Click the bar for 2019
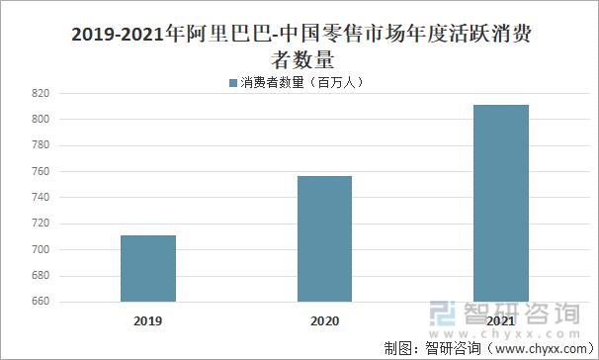148,268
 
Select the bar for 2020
324,238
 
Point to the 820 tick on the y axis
41,93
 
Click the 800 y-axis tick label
41,120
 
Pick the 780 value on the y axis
41,145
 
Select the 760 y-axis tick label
41,171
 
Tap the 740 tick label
41,198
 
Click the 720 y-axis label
41,224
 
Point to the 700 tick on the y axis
41,249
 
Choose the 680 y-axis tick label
41,276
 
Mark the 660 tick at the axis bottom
41,302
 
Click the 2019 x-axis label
148,321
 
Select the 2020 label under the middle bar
324,321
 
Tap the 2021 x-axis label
500,321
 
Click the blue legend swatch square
233,82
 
